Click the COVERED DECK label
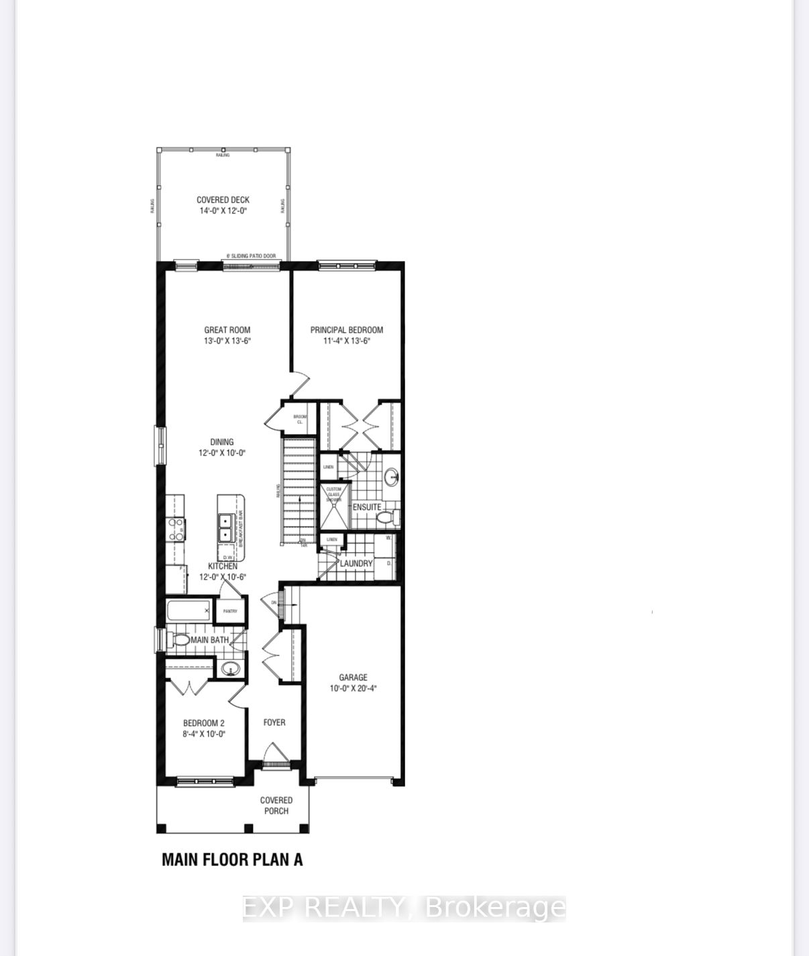[x=223, y=200]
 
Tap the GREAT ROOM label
[x=227, y=330]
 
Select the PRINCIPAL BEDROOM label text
[x=347, y=330]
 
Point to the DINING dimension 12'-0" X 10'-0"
[x=222, y=453]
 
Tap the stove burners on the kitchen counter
[x=176, y=529]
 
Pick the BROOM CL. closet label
[x=300, y=419]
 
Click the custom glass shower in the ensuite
[x=333, y=506]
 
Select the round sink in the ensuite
[x=392, y=478]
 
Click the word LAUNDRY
[x=356, y=564]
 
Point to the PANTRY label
[x=230, y=611]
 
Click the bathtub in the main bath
[x=188, y=610]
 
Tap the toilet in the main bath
[x=179, y=640]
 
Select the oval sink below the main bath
[x=231, y=669]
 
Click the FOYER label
[x=274, y=723]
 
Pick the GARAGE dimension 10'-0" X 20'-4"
[x=353, y=688]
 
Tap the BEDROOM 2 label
[x=204, y=723]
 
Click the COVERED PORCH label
[x=276, y=805]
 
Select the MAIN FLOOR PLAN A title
[x=232, y=859]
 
